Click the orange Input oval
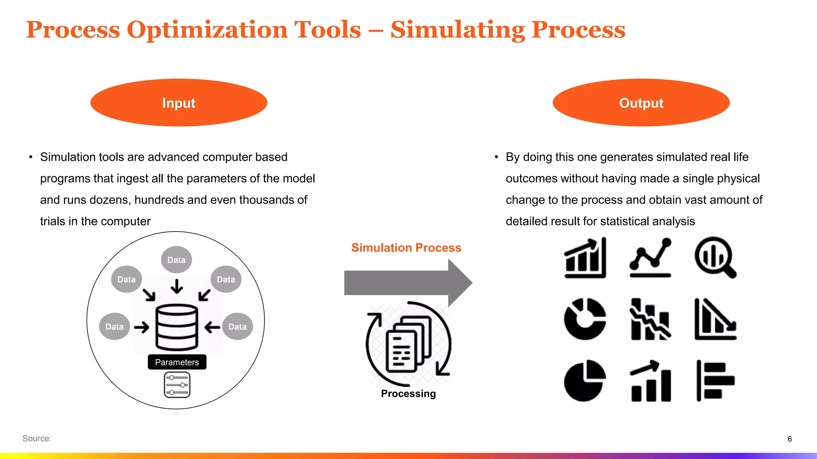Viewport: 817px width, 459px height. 179,103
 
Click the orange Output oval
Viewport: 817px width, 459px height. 641,103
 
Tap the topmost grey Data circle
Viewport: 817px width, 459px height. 176,260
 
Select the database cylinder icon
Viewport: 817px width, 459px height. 177,327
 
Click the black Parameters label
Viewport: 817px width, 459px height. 177,362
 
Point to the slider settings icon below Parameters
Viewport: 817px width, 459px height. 177,385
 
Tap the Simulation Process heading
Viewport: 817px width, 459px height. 406,248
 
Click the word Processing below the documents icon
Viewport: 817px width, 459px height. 408,394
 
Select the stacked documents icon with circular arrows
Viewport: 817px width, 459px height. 408,344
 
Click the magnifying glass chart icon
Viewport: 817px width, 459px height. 715,257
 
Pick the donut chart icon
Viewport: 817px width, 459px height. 585,319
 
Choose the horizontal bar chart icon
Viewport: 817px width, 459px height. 715,381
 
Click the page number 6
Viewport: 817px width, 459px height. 789,439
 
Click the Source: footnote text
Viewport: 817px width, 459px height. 37,439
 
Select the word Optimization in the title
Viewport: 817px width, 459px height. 244,29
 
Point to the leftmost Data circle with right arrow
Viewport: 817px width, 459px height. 114,327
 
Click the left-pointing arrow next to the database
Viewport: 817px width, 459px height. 212,328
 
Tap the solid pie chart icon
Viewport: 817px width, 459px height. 585,381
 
